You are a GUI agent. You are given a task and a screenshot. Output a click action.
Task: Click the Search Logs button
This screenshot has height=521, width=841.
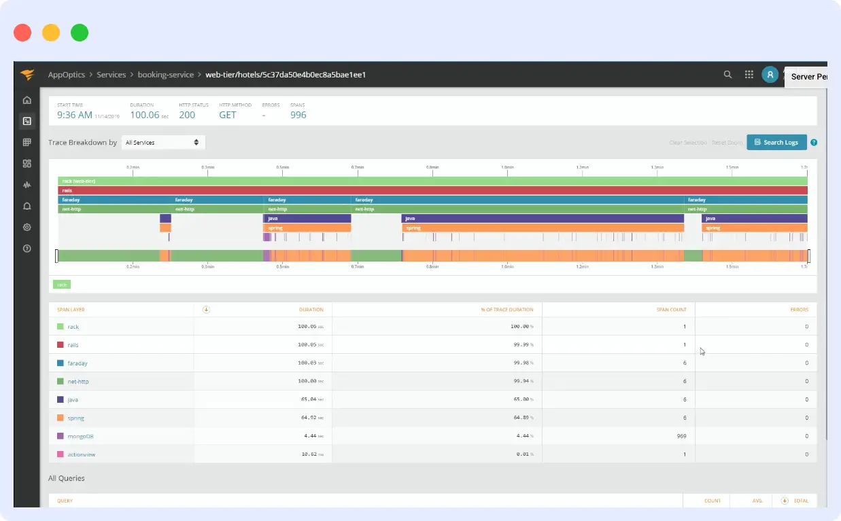click(776, 143)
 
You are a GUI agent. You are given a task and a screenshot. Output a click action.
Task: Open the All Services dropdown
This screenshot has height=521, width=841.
click(163, 143)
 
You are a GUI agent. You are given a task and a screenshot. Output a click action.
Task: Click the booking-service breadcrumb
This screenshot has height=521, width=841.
click(165, 75)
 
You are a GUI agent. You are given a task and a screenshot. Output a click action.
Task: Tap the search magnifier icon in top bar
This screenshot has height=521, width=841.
click(727, 75)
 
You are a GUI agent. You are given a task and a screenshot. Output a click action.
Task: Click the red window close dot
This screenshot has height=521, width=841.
click(22, 33)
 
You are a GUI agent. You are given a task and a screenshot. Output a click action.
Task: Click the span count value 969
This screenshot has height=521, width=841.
click(681, 436)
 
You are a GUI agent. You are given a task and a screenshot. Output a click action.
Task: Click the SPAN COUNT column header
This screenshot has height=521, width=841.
click(672, 310)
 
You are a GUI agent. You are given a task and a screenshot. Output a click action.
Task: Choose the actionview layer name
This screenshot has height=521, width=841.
click(81, 454)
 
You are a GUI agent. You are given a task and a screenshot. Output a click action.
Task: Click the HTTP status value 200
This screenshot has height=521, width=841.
click(187, 115)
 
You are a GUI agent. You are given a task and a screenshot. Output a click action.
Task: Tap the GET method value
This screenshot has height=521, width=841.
click(228, 115)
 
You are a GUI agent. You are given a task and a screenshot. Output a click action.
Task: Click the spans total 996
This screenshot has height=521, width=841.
click(298, 115)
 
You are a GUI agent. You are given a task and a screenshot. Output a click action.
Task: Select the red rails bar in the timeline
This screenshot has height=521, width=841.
click(432, 191)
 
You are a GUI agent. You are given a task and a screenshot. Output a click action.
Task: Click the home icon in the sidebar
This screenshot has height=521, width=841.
click(27, 101)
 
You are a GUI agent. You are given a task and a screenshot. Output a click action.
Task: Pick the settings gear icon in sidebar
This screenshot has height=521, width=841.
click(27, 227)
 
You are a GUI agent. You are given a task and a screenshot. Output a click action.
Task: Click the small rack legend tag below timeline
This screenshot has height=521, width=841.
click(62, 285)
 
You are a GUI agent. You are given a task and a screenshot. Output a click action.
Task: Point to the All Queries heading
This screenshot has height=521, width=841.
click(67, 478)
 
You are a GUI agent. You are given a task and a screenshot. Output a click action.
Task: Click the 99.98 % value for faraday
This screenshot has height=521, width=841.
click(521, 363)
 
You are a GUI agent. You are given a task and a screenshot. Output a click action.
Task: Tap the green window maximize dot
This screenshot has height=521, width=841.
click(80, 33)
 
